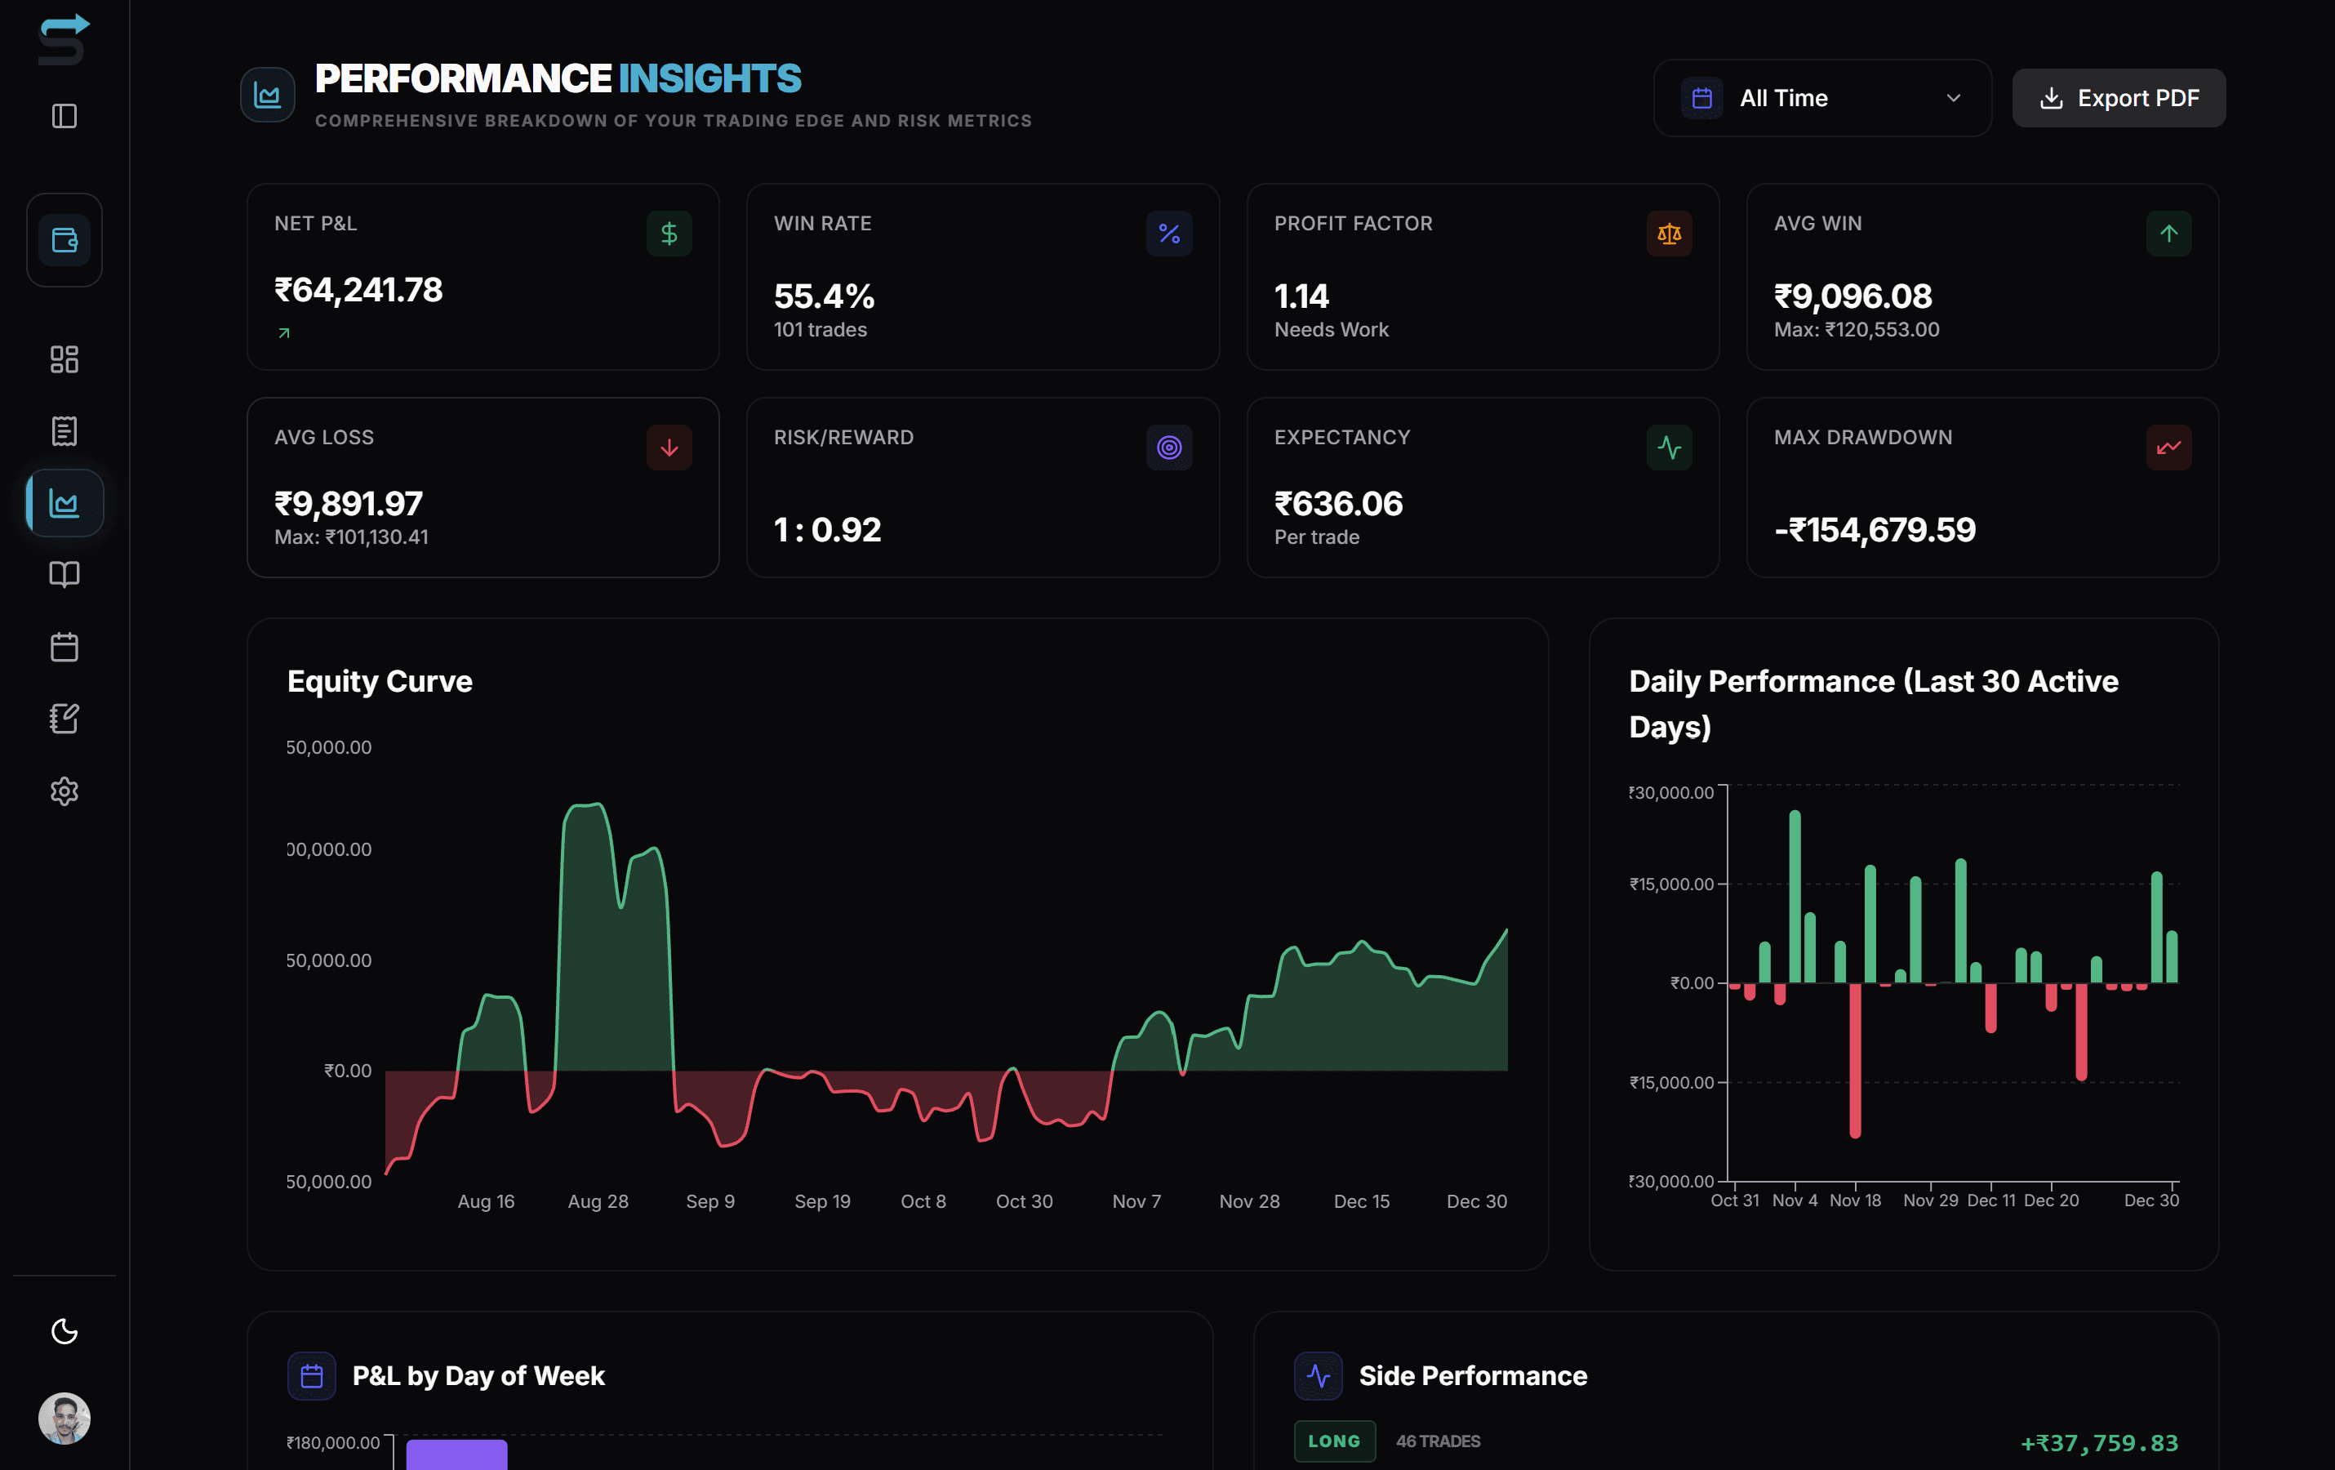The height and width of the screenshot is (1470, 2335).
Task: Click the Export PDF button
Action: pyautogui.click(x=2118, y=98)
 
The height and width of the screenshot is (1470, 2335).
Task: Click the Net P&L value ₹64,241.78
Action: pyautogui.click(x=358, y=290)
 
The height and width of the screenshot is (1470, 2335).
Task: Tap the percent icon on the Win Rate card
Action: pyautogui.click(x=1168, y=234)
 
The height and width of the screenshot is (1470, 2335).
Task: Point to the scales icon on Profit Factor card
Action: pyautogui.click(x=1668, y=234)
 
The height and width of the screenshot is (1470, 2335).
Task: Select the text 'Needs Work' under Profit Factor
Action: pyautogui.click(x=1331, y=330)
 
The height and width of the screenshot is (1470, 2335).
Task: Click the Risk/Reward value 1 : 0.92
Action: pyautogui.click(x=827, y=529)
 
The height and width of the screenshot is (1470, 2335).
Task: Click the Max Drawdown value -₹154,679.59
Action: pyautogui.click(x=1874, y=529)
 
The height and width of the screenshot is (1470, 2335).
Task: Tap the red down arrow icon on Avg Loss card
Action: pyautogui.click(x=669, y=448)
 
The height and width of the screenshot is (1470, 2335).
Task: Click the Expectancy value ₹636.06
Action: pyautogui.click(x=1338, y=503)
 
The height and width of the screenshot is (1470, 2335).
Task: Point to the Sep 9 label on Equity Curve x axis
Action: pyautogui.click(x=709, y=1201)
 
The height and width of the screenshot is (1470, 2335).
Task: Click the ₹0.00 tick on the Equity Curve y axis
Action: pyautogui.click(x=347, y=1071)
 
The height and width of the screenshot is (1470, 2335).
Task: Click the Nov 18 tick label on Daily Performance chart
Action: pyautogui.click(x=1854, y=1200)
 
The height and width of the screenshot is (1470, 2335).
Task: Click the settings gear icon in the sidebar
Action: pyautogui.click(x=64, y=791)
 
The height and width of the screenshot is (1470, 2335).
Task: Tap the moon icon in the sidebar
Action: pyautogui.click(x=64, y=1331)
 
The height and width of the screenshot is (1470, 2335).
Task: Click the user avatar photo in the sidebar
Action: pyautogui.click(x=64, y=1419)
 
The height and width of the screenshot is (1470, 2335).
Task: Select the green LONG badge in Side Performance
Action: pyautogui.click(x=1333, y=1441)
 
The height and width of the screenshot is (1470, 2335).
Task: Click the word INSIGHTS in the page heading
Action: pyautogui.click(x=709, y=78)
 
